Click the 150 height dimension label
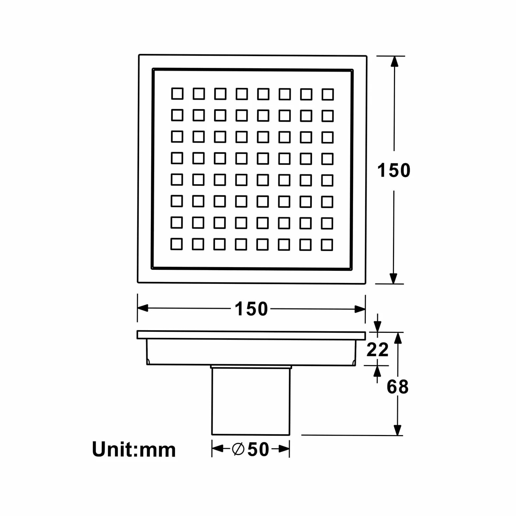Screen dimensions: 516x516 click(x=394, y=170)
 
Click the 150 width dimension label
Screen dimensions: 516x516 click(x=251, y=309)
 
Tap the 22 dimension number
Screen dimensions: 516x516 click(x=378, y=349)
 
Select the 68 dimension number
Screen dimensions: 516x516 click(x=398, y=387)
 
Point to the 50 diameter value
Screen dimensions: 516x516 click(x=258, y=449)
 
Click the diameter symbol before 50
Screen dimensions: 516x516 click(x=238, y=449)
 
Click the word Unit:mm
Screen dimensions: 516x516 click(x=134, y=449)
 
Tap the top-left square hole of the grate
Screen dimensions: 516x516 click(x=177, y=94)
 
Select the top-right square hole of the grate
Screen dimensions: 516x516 click(x=328, y=94)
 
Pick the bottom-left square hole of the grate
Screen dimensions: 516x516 click(x=177, y=244)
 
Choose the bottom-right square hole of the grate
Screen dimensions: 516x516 click(x=327, y=245)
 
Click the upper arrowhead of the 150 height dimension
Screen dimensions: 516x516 click(x=394, y=62)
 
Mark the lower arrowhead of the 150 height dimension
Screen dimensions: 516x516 click(x=393, y=278)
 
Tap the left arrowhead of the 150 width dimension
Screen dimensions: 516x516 click(x=143, y=308)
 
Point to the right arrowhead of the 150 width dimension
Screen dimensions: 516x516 click(x=360, y=309)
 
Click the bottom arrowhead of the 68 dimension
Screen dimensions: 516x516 click(x=398, y=430)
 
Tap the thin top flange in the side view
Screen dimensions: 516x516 click(x=251, y=335)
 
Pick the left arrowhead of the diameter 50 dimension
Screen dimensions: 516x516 click(x=217, y=449)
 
